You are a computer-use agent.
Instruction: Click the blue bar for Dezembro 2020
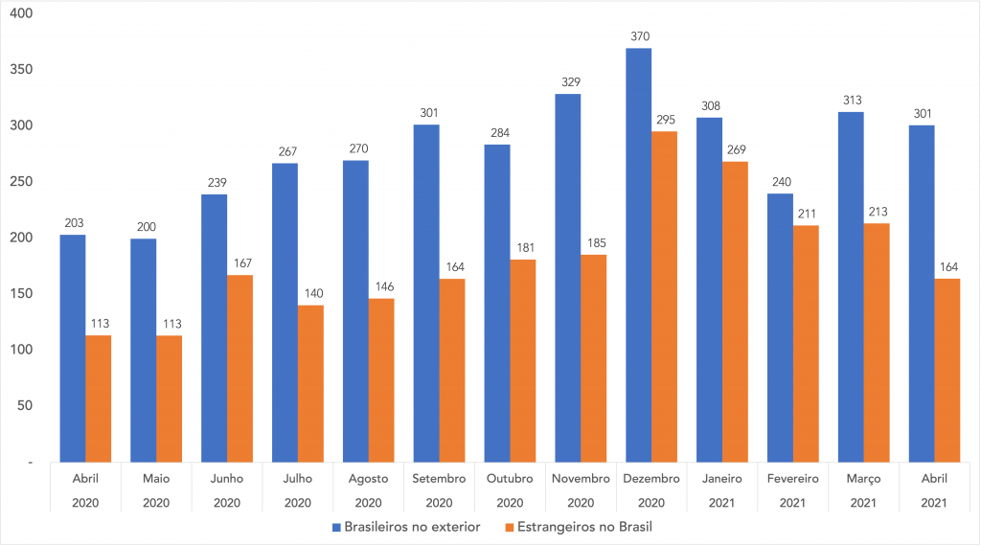point(638,255)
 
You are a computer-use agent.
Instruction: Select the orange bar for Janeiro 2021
point(735,312)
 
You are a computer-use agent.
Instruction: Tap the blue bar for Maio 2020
point(144,351)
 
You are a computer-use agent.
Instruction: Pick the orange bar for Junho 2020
point(240,369)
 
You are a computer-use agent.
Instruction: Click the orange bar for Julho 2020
point(310,384)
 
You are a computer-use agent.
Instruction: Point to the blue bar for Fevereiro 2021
point(780,328)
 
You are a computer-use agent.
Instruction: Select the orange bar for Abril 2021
point(947,371)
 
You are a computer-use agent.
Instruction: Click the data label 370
point(640,36)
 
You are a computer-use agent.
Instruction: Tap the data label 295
point(666,120)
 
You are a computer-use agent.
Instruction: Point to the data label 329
point(571,82)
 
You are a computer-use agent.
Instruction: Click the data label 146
point(384,286)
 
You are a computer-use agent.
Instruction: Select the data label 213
point(878,212)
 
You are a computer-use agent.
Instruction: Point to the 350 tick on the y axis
point(21,69)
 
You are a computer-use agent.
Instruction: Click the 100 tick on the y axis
point(21,350)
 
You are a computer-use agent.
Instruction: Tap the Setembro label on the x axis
point(439,478)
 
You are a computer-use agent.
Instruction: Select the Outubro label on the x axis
point(510,478)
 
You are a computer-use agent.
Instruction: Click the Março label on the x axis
point(863,479)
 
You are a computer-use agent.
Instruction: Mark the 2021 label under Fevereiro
point(792,503)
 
